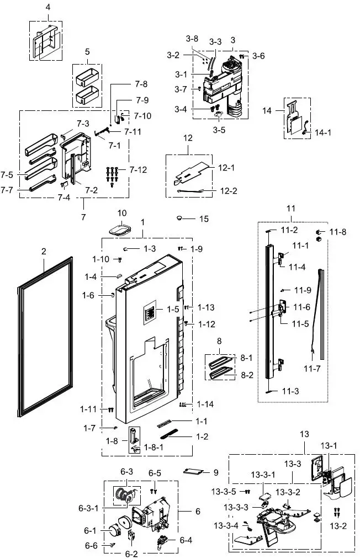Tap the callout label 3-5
(219, 131)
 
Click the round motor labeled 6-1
(115, 531)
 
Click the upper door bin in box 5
(87, 76)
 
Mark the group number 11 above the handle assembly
(291, 208)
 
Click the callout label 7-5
(7, 174)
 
